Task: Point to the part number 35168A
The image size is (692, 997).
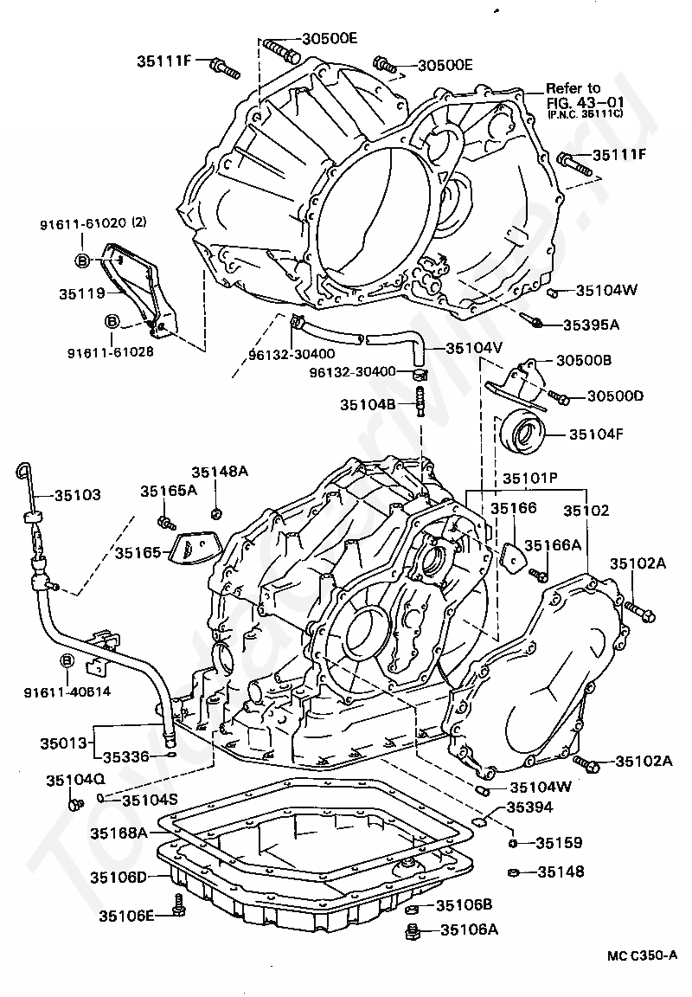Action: coord(119,833)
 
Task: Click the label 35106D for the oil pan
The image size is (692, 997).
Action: coord(119,877)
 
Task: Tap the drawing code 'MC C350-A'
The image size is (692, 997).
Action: coord(642,955)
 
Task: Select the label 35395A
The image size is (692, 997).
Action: coord(592,325)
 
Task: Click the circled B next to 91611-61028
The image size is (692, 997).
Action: coord(112,321)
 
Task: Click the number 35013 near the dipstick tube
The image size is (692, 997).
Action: coord(63,743)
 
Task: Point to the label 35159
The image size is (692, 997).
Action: coord(559,842)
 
